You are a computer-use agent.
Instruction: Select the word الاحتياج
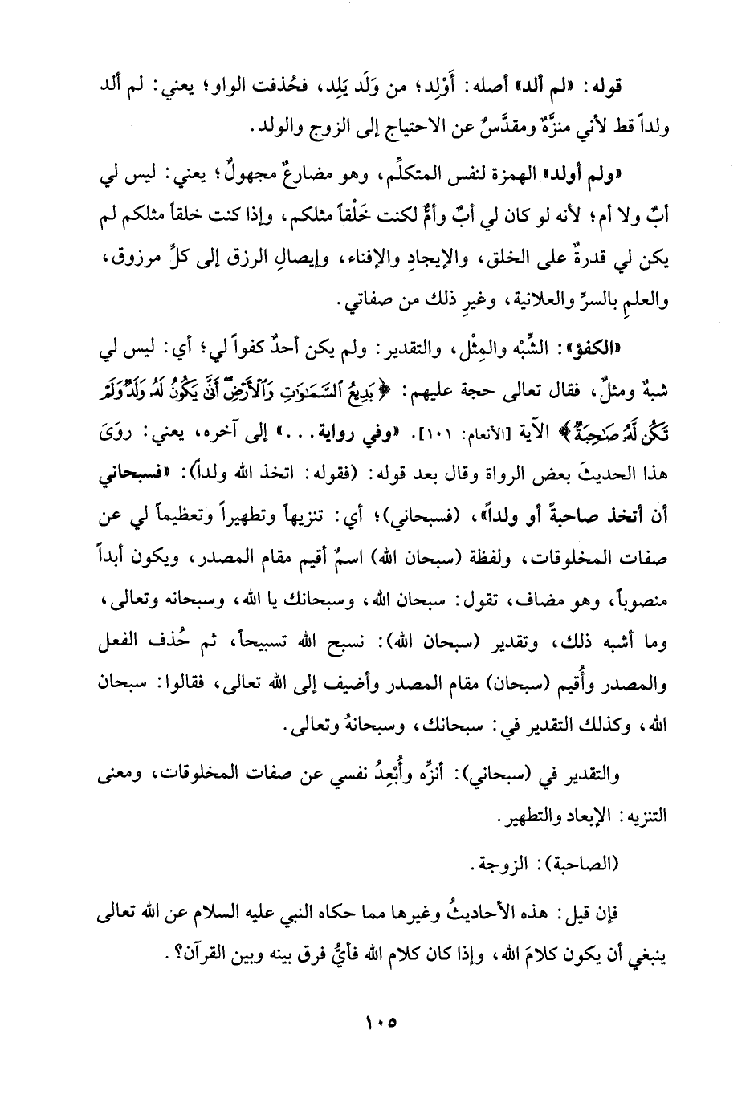click(380, 128)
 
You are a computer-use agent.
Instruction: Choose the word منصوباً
click(640, 600)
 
